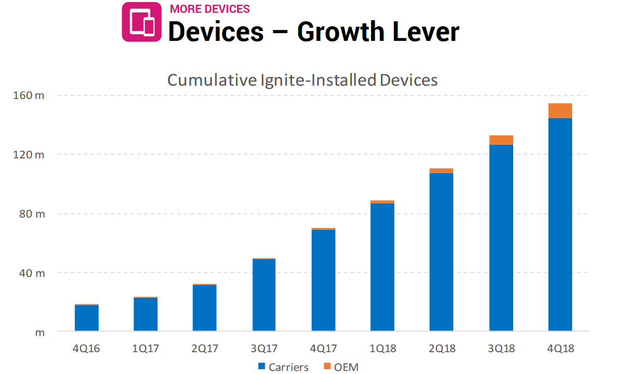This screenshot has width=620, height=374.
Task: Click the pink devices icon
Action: (142, 22)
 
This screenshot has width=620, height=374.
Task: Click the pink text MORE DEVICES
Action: (210, 9)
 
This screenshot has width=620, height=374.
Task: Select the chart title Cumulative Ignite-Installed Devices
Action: (302, 80)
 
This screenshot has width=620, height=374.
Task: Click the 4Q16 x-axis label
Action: (87, 348)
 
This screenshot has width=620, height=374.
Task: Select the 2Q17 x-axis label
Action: (205, 348)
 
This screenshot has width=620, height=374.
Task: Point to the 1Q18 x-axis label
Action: (382, 348)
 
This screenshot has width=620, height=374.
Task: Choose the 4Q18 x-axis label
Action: (560, 348)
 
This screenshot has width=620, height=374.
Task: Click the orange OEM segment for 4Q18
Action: (560, 111)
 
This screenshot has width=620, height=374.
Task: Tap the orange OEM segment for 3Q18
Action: (501, 140)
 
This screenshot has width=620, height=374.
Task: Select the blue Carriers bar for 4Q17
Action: (323, 280)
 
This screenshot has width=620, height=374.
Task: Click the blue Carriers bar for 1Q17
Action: (145, 314)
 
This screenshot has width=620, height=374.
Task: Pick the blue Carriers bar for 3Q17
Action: (264, 295)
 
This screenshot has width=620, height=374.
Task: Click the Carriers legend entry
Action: (283, 367)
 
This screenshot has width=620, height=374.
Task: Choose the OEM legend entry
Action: (341, 367)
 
